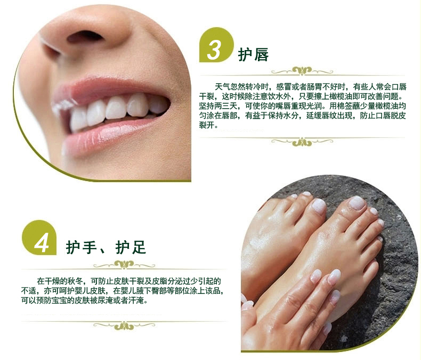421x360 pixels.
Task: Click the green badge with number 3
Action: pyautogui.click(x=216, y=45)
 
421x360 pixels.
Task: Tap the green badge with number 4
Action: pyautogui.click(x=39, y=238)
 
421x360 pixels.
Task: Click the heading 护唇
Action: pyautogui.click(x=253, y=55)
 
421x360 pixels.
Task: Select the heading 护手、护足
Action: pyautogui.click(x=106, y=247)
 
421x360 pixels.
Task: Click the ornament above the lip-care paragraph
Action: pyautogui.click(x=302, y=71)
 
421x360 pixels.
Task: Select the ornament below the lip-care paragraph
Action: pyautogui.click(x=302, y=142)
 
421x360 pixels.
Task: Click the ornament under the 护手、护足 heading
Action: pyautogui.click(x=124, y=265)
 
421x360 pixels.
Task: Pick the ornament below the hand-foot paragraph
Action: pyautogui.click(x=124, y=325)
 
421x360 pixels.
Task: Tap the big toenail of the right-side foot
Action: pyautogui.click(x=357, y=202)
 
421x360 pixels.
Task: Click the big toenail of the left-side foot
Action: pyautogui.click(x=319, y=206)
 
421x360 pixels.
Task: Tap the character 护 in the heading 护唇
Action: pyautogui.click(x=245, y=55)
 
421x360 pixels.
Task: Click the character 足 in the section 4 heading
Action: pyautogui.click(x=139, y=247)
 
